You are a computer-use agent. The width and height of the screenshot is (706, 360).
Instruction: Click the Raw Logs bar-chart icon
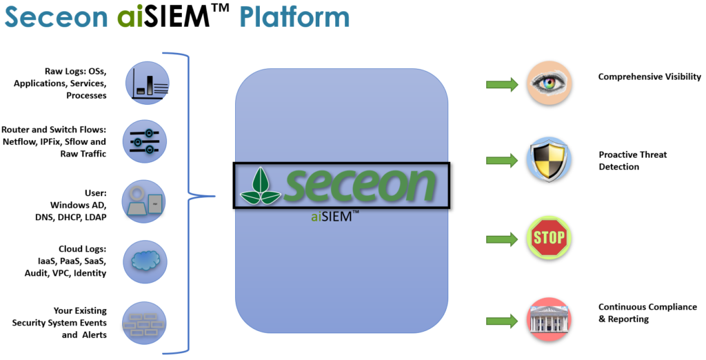click(146, 82)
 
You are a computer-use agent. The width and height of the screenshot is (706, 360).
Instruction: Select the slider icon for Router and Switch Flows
click(145, 141)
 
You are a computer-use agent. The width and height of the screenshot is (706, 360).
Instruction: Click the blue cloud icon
click(145, 261)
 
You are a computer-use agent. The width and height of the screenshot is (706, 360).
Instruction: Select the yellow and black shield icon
click(549, 159)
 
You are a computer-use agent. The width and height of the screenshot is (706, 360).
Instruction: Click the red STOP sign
click(549, 239)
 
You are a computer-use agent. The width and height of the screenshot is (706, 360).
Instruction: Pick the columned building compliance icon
click(549, 319)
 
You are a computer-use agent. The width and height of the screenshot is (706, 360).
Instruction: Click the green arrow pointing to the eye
click(502, 84)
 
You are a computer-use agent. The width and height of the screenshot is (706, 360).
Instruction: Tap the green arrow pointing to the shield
click(502, 160)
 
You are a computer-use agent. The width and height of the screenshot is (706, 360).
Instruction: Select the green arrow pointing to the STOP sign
click(502, 240)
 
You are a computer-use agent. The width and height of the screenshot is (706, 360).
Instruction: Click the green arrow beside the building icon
click(502, 320)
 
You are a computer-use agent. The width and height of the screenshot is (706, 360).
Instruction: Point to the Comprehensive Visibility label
click(649, 77)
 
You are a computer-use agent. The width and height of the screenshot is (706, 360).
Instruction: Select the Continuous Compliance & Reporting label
click(647, 313)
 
